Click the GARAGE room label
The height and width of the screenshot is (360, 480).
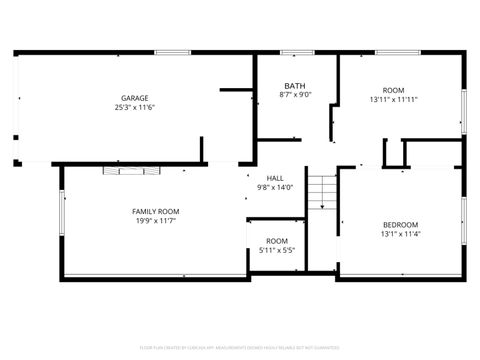point(135,98)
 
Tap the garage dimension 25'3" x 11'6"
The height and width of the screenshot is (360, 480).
point(135,107)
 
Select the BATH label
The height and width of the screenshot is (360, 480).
point(295,86)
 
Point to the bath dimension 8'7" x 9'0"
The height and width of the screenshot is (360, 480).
point(295,95)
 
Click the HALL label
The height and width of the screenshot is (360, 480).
point(275,178)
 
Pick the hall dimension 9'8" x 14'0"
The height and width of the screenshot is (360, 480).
point(275,187)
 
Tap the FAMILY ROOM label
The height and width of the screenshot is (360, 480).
point(155,211)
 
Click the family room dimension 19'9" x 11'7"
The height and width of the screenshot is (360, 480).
point(155,220)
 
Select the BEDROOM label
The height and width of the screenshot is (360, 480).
point(400,224)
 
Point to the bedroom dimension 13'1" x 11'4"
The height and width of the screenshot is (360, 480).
point(400,234)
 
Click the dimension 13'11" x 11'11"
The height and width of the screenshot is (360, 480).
point(393,99)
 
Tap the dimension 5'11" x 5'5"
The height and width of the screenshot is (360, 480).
point(277,250)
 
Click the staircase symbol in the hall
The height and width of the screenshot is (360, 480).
point(320,191)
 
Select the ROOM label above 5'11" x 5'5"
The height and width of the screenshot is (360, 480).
point(277,241)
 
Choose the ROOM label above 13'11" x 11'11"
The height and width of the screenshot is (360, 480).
point(393,89)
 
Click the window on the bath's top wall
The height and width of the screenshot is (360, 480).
point(296,52)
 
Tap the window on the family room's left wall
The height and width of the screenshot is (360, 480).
point(63,211)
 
